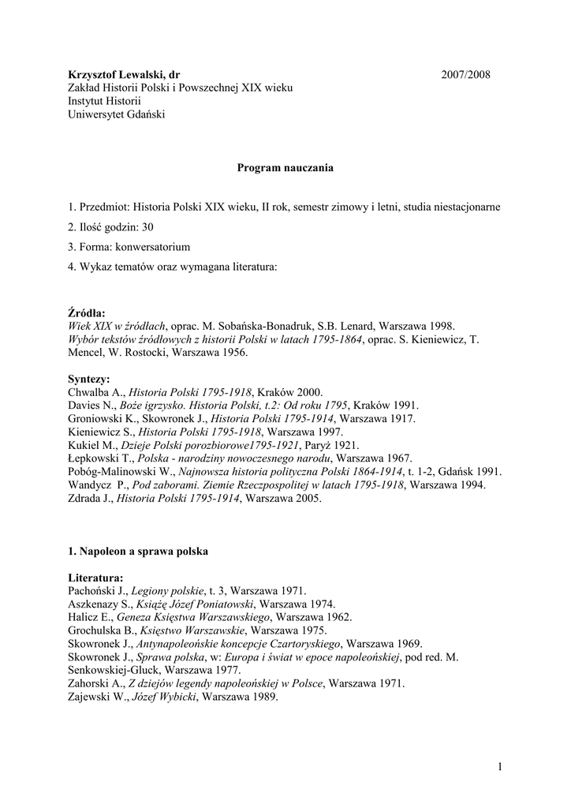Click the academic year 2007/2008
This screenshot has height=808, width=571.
pyautogui.click(x=465, y=75)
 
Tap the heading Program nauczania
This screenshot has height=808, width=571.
pyautogui.click(x=285, y=167)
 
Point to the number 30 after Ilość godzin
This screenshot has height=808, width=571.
pyautogui.click(x=147, y=226)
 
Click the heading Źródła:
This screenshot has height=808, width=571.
pyautogui.click(x=86, y=312)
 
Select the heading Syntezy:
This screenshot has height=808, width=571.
pyautogui.click(x=88, y=379)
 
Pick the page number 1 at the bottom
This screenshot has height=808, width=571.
pyautogui.click(x=500, y=766)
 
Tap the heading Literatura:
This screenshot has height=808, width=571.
pyautogui.click(x=95, y=578)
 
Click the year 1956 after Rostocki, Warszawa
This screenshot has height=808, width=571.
pyautogui.click(x=233, y=353)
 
